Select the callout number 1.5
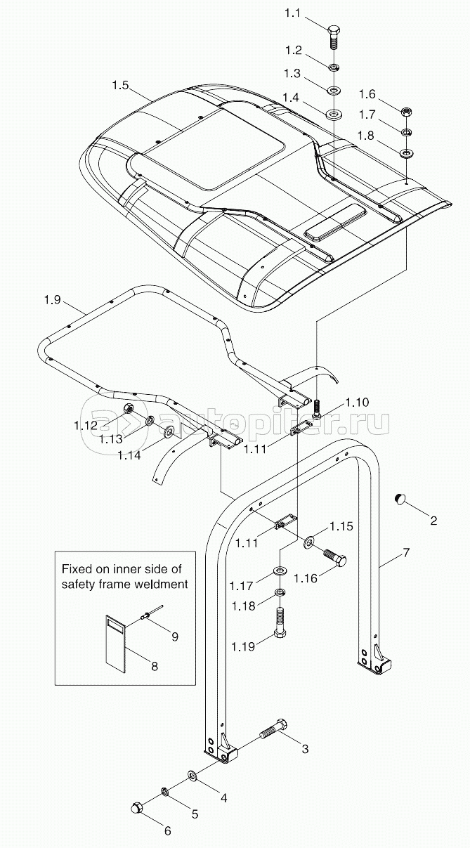[120, 86]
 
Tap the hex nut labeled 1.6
[406, 112]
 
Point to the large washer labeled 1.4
[333, 113]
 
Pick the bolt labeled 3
[273, 731]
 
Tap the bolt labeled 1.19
[280, 624]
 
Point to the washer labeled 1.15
[309, 542]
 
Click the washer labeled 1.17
[280, 568]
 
